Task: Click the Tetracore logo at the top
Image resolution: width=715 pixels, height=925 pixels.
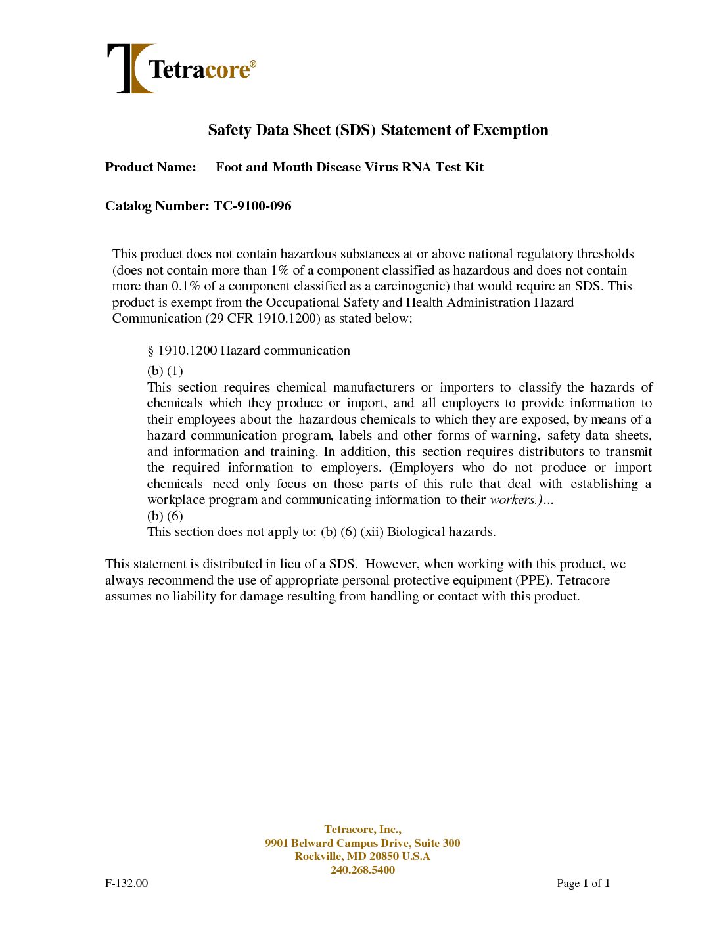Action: coord(181,68)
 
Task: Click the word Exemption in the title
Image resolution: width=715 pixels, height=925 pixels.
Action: coord(511,130)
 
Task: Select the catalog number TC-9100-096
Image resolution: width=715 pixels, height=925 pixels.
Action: coord(252,206)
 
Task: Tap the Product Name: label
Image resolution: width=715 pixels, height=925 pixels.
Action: coord(150,168)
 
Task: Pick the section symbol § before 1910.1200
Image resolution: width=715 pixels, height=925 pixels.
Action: coord(150,351)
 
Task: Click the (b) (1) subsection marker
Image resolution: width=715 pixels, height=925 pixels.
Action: coord(165,371)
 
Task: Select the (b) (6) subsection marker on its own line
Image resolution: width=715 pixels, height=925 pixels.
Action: coord(165,516)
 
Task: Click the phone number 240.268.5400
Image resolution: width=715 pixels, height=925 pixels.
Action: coord(363,870)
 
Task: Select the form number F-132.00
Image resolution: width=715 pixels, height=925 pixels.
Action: coord(127,884)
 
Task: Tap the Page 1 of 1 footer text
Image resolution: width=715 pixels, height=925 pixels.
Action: coord(583,884)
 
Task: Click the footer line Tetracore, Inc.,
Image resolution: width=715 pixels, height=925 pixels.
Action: coord(363,830)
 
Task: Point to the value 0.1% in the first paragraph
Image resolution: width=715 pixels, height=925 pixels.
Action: coord(186,286)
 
